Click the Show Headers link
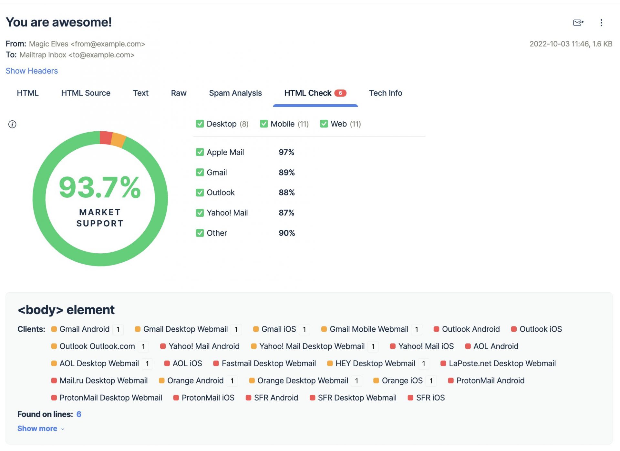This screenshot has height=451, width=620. [32, 71]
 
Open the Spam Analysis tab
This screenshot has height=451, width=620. [235, 93]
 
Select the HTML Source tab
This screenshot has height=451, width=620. [86, 93]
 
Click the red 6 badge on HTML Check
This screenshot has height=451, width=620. [340, 93]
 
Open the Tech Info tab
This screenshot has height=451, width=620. [385, 93]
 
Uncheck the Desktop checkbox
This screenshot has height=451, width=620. [200, 124]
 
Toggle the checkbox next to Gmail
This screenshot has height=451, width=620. [200, 173]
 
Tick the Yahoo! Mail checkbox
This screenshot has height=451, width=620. [200, 213]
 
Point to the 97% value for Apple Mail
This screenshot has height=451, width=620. [286, 152]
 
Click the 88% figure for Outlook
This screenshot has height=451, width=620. [286, 193]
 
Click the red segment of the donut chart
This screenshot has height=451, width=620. [106, 138]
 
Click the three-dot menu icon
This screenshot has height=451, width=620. [601, 23]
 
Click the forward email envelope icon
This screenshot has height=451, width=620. [578, 23]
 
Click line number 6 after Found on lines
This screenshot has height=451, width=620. [79, 414]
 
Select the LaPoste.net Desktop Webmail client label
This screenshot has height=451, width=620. [502, 364]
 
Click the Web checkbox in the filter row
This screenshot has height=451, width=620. [324, 124]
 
